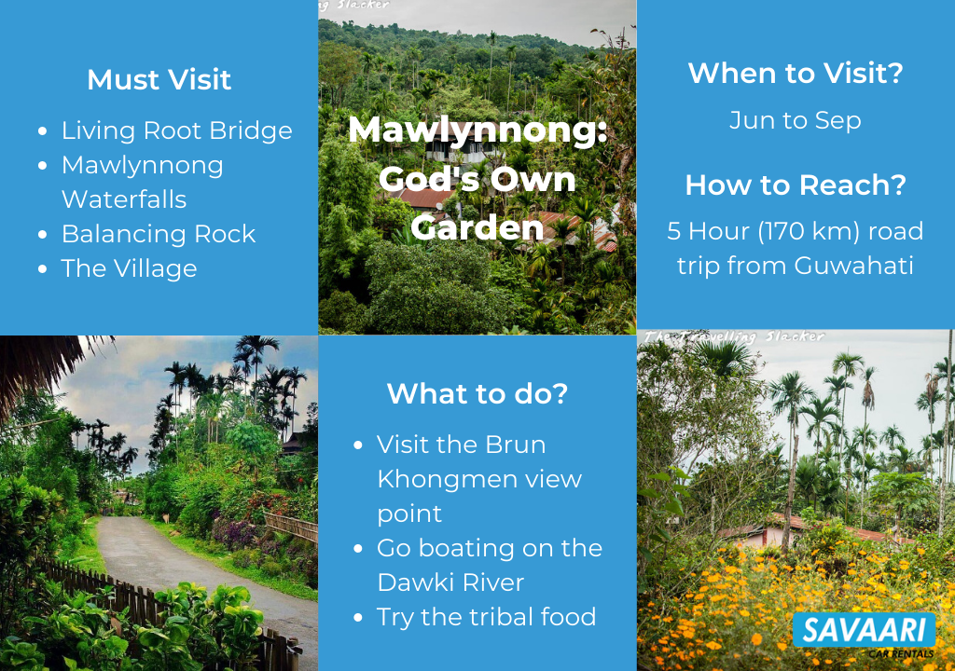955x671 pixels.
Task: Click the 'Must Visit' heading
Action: click(159, 80)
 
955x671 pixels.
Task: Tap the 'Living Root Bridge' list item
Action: click(176, 130)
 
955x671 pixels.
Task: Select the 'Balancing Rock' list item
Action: click(159, 235)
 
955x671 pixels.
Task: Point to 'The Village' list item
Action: click(129, 268)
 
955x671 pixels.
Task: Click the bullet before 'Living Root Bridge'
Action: click(42, 130)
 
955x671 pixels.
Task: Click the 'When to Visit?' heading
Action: click(796, 73)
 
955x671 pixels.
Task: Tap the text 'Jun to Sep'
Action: click(796, 120)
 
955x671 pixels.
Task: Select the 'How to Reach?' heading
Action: click(796, 185)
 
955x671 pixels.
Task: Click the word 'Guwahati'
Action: click(854, 266)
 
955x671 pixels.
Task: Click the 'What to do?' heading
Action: click(477, 394)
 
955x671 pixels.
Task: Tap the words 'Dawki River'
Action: click(450, 582)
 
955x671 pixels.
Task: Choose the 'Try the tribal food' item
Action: click(486, 618)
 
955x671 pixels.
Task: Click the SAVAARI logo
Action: click(865, 633)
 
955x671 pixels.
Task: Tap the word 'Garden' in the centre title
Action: click(477, 228)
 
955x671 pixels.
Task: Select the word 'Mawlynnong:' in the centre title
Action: click(478, 130)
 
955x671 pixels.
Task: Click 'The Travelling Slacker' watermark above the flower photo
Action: click(735, 336)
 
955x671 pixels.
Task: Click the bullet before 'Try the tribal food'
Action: click(358, 618)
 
